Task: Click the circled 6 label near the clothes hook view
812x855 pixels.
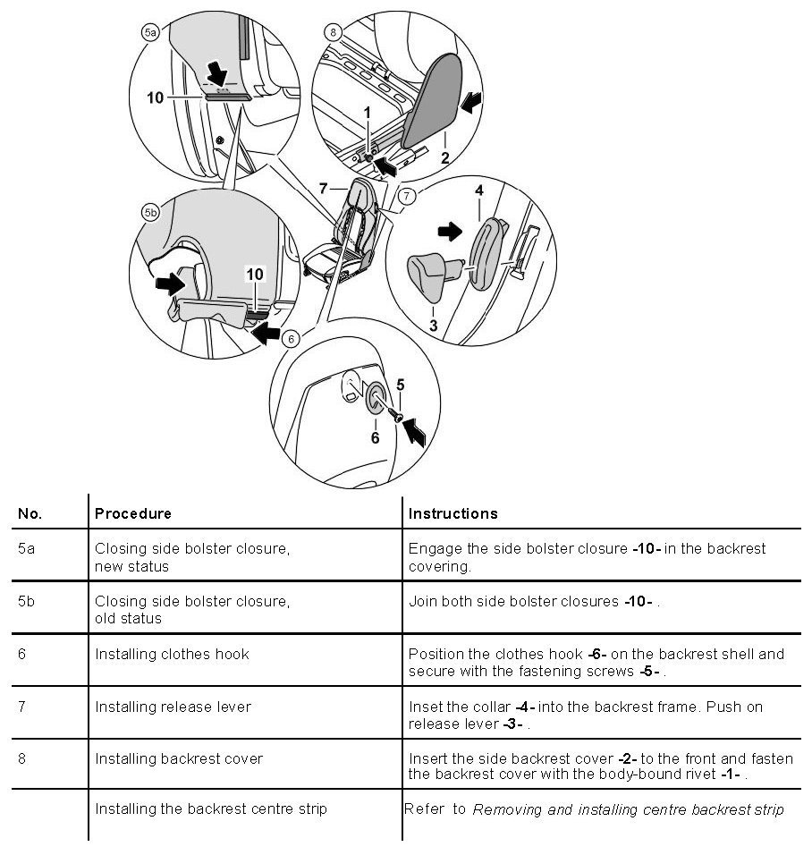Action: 289,339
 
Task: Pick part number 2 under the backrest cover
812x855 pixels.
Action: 444,158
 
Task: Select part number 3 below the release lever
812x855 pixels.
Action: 433,326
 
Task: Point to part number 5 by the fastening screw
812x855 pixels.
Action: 401,385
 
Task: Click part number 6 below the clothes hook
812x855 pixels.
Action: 375,437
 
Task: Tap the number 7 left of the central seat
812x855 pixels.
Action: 326,189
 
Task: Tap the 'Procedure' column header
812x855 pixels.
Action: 132,513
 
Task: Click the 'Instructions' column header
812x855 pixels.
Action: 453,513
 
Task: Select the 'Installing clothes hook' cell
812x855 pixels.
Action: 172,654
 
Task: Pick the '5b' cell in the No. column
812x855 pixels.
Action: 27,601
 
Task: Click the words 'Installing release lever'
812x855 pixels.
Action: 173,707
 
